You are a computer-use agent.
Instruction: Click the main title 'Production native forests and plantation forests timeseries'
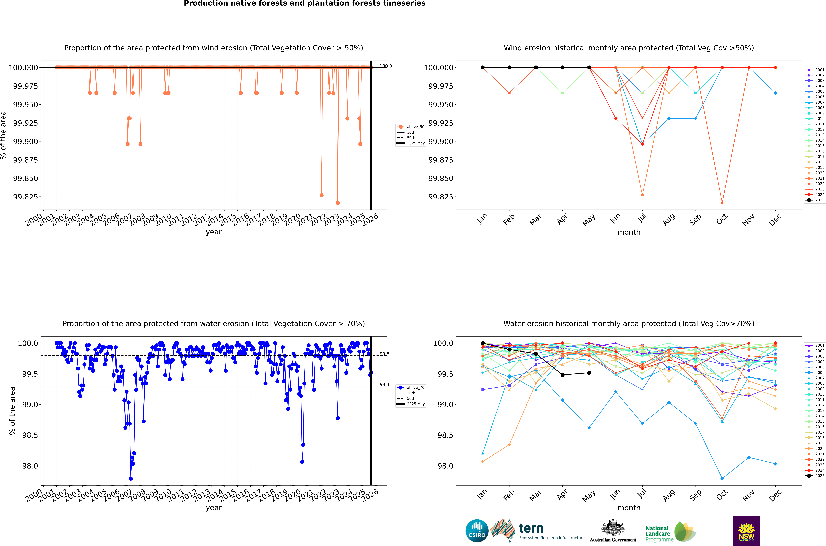[x=305, y=3]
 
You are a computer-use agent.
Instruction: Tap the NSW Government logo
[x=746, y=531]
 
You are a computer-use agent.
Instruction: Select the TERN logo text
[x=531, y=529]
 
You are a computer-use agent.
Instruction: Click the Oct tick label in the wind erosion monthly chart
[x=722, y=219]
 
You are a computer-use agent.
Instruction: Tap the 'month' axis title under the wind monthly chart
[x=629, y=232]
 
